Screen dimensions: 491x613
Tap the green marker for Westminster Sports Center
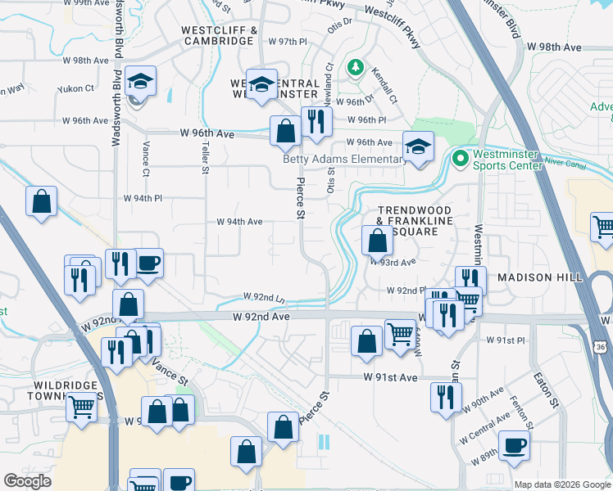(460, 157)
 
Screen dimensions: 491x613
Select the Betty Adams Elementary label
(345, 159)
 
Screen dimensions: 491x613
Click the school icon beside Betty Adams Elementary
(418, 147)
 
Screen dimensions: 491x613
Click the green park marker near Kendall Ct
(356, 66)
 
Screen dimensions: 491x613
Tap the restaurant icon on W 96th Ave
(316, 122)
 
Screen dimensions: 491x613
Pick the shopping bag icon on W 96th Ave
(285, 131)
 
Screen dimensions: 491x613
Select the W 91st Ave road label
(391, 377)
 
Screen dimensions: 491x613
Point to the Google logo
(27, 480)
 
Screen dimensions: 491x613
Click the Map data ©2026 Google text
(561, 484)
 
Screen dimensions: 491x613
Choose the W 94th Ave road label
(239, 222)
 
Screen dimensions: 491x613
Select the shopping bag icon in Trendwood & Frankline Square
(377, 241)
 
